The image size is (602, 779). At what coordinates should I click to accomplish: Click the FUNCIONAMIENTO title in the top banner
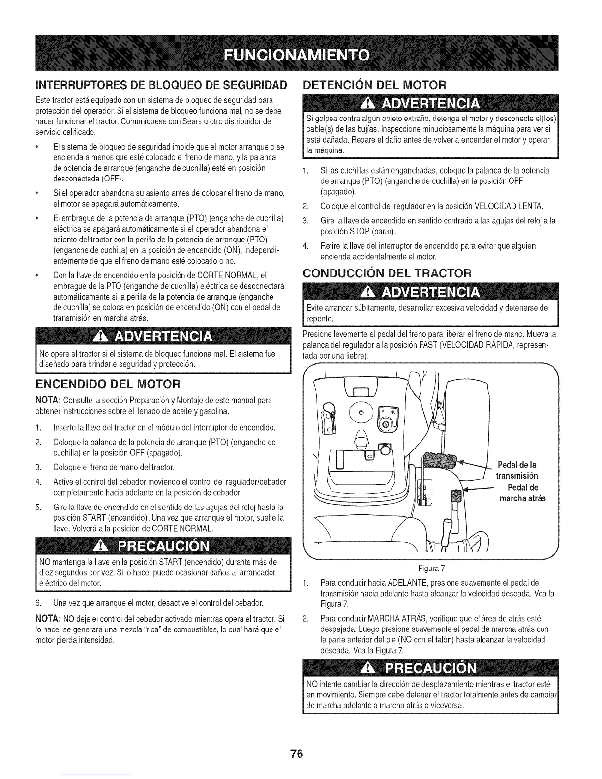[301, 54]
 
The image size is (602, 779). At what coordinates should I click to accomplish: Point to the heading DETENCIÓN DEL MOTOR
[374, 84]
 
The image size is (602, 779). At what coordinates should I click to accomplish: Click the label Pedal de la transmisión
[517, 470]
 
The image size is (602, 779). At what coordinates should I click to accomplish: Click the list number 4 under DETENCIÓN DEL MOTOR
[305, 245]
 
